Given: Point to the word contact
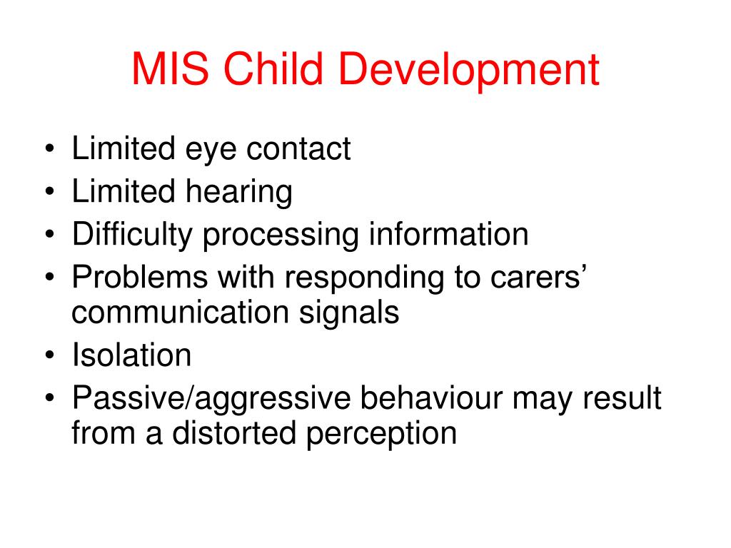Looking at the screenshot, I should click(298, 150).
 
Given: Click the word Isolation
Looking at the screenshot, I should click(132, 355).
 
